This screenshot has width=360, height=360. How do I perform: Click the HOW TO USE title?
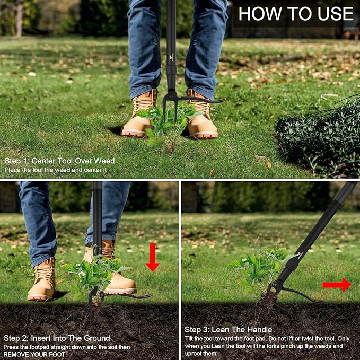(x=295, y=14)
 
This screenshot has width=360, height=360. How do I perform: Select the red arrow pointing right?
(x=337, y=285)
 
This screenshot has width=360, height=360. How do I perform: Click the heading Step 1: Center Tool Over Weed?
(x=59, y=161)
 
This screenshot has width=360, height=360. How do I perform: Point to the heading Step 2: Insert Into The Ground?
(x=57, y=338)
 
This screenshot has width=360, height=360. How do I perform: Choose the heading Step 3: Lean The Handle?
(x=229, y=330)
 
